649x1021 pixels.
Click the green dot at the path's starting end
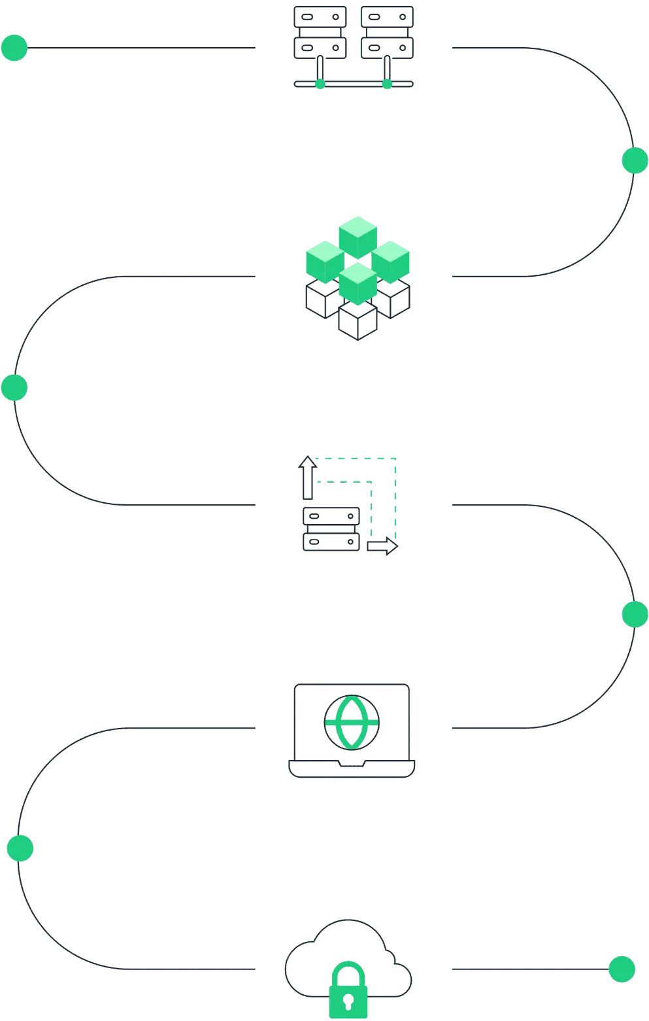pyautogui.click(x=14, y=48)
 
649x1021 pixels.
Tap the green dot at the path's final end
pyautogui.click(x=622, y=969)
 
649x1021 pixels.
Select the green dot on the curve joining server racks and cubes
pyautogui.click(x=635, y=160)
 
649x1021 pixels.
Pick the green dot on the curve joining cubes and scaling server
pyautogui.click(x=14, y=387)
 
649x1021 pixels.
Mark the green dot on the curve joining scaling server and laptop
pyautogui.click(x=635, y=614)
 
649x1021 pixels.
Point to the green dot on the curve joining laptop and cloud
pyautogui.click(x=20, y=848)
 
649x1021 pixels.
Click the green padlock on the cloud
pyautogui.click(x=348, y=990)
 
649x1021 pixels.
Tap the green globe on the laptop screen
pyautogui.click(x=352, y=721)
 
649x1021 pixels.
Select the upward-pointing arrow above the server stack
pyautogui.click(x=308, y=478)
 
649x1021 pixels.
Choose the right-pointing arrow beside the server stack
pyautogui.click(x=382, y=547)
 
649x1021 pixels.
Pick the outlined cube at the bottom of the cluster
pyautogui.click(x=358, y=320)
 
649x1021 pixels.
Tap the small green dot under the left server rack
pyautogui.click(x=320, y=84)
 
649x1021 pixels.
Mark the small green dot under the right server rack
pyautogui.click(x=387, y=84)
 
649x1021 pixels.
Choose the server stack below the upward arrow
pyautogui.click(x=331, y=530)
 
